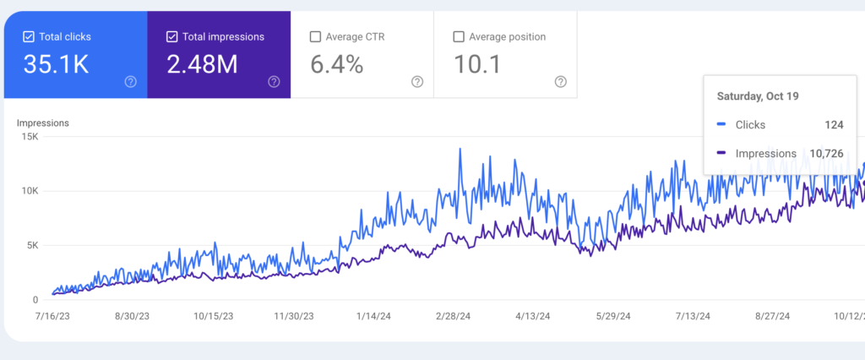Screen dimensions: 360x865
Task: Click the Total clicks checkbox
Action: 29,37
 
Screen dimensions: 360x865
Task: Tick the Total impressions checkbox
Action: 172,37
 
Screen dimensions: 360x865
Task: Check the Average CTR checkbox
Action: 316,37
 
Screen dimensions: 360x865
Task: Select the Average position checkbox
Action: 459,37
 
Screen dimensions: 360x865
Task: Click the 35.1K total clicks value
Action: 57,64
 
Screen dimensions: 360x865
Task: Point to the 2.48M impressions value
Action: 202,64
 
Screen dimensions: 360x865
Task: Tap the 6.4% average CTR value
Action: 337,64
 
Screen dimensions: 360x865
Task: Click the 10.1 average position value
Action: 479,64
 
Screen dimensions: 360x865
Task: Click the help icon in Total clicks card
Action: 130,82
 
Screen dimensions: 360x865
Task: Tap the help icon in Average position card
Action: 561,82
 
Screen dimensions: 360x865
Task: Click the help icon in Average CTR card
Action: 417,82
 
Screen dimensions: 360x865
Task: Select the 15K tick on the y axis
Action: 30,137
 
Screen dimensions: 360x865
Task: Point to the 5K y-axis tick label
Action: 32,246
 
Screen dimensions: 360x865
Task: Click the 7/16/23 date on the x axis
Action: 52,317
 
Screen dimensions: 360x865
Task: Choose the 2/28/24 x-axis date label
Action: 455,317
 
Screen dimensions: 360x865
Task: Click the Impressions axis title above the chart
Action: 42,123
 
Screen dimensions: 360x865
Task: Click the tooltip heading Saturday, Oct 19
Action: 758,96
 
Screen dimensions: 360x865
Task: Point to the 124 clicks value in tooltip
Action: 834,125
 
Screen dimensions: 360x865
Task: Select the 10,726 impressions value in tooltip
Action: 826,154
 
